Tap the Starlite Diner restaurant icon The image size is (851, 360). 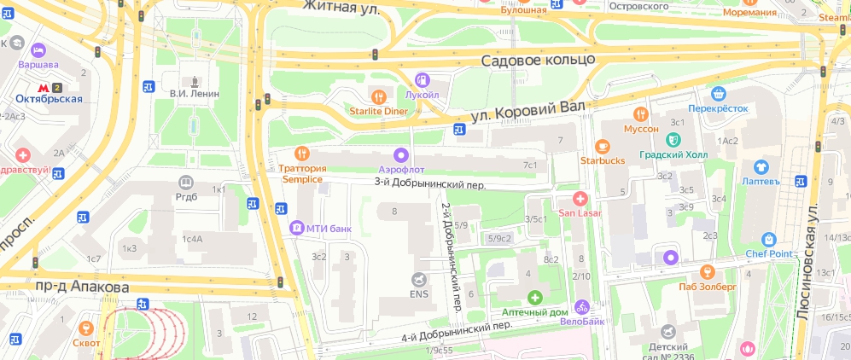point(380,94)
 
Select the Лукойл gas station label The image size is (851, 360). point(422,95)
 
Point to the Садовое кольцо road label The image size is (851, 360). point(537,61)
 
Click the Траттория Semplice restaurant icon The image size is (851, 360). point(300,154)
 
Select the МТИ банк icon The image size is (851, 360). point(296,228)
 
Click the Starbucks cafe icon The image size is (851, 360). point(603,145)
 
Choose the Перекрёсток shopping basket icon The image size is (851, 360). point(718,94)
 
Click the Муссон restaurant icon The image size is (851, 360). point(641,114)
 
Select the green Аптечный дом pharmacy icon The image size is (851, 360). point(534,298)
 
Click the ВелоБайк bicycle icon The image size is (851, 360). point(582,305)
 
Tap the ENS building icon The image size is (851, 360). point(418,279)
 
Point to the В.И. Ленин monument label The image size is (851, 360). point(195,94)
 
